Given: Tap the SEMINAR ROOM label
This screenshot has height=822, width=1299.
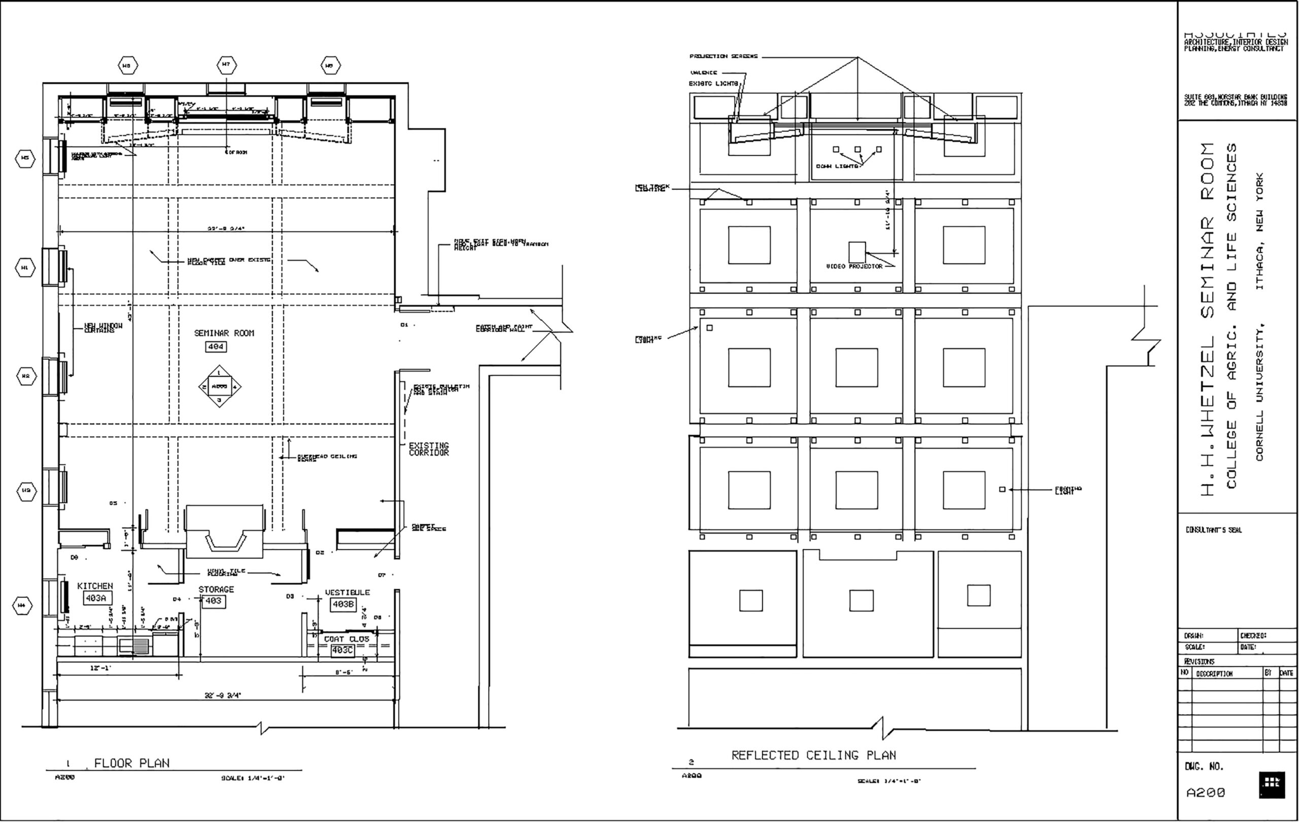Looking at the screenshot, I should pyautogui.click(x=224, y=333).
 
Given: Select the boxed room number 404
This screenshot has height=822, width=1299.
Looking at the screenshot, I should pyautogui.click(x=216, y=347).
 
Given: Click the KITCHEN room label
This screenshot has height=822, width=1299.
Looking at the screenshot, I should pyautogui.click(x=95, y=586).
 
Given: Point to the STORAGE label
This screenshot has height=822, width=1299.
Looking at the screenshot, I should pyautogui.click(x=216, y=590).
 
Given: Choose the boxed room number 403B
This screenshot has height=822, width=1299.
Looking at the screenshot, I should pyautogui.click(x=343, y=605).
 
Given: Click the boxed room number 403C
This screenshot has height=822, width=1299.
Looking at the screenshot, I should pyautogui.click(x=342, y=650).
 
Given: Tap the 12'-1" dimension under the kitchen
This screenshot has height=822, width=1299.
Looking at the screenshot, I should pyautogui.click(x=100, y=668).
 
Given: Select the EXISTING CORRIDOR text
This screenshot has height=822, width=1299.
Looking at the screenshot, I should pyautogui.click(x=428, y=449).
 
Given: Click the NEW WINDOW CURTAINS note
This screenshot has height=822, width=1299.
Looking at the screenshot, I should pyautogui.click(x=103, y=328).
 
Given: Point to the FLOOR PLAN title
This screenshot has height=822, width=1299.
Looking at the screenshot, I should pyautogui.click(x=131, y=763).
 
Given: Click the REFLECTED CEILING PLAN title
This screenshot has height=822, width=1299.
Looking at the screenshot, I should pyautogui.click(x=813, y=756).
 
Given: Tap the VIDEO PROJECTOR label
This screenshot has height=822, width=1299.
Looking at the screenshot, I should pyautogui.click(x=854, y=266).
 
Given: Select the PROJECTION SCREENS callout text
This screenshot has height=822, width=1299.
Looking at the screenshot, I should pyautogui.click(x=724, y=56).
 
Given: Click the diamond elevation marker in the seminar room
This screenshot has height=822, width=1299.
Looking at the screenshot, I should pyautogui.click(x=219, y=387).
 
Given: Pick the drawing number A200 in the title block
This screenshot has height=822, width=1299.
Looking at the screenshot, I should pyautogui.click(x=1206, y=793).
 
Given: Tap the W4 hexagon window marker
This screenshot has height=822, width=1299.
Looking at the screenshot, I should pyautogui.click(x=22, y=606).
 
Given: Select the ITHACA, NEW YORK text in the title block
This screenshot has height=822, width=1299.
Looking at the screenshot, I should pyautogui.click(x=1259, y=231).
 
